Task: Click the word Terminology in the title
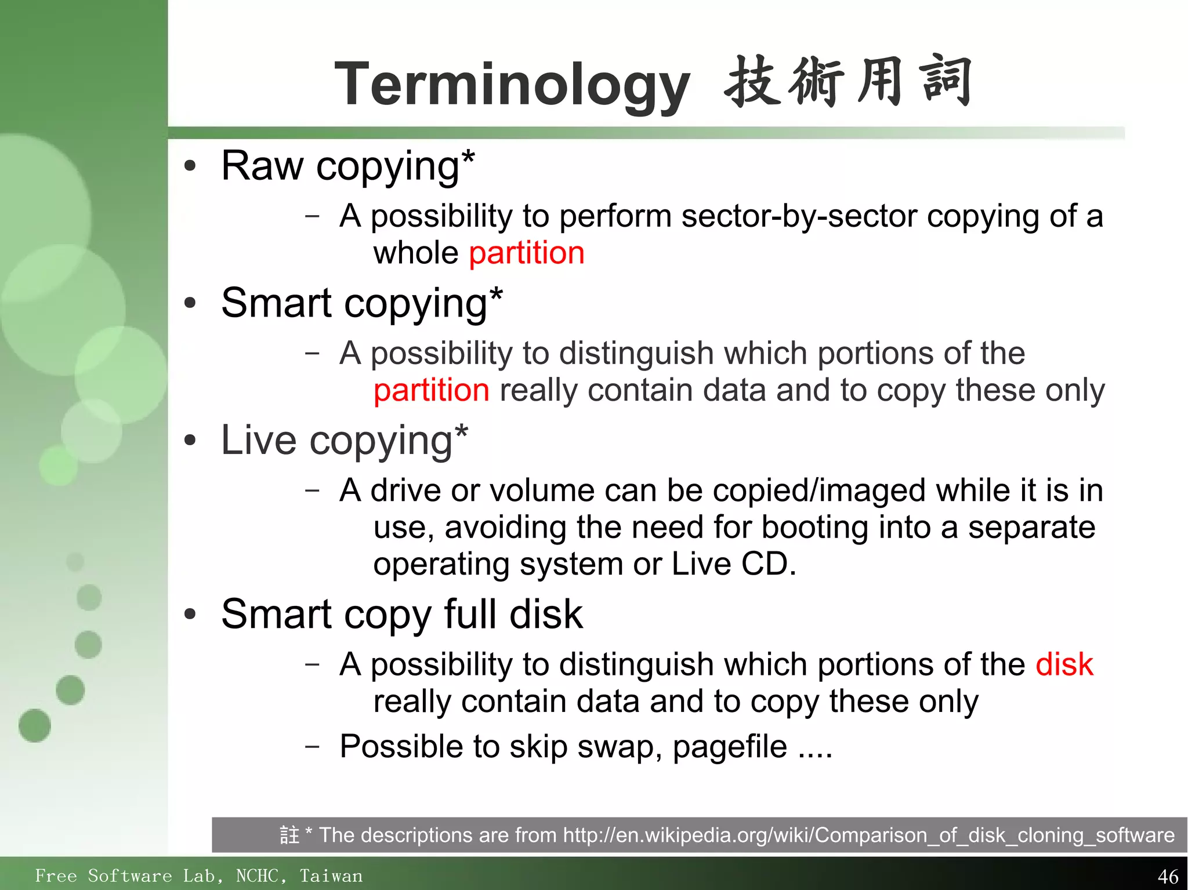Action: [x=512, y=85]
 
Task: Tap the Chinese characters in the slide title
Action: [x=847, y=82]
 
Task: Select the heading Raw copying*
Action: [x=347, y=166]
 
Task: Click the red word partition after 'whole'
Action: [x=526, y=253]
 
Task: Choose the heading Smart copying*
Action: [x=361, y=303]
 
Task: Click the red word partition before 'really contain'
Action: [x=431, y=390]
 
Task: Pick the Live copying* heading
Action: [x=344, y=441]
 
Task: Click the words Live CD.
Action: [x=733, y=564]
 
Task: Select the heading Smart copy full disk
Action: [x=401, y=615]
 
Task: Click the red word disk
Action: [x=1064, y=664]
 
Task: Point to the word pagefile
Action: [x=730, y=747]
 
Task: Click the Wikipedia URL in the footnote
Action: [x=868, y=835]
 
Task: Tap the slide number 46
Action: [x=1168, y=876]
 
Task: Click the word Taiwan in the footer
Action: [x=331, y=876]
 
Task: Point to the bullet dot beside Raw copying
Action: [x=190, y=167]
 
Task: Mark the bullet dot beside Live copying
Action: [x=190, y=441]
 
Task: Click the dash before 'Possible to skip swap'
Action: [x=312, y=746]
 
